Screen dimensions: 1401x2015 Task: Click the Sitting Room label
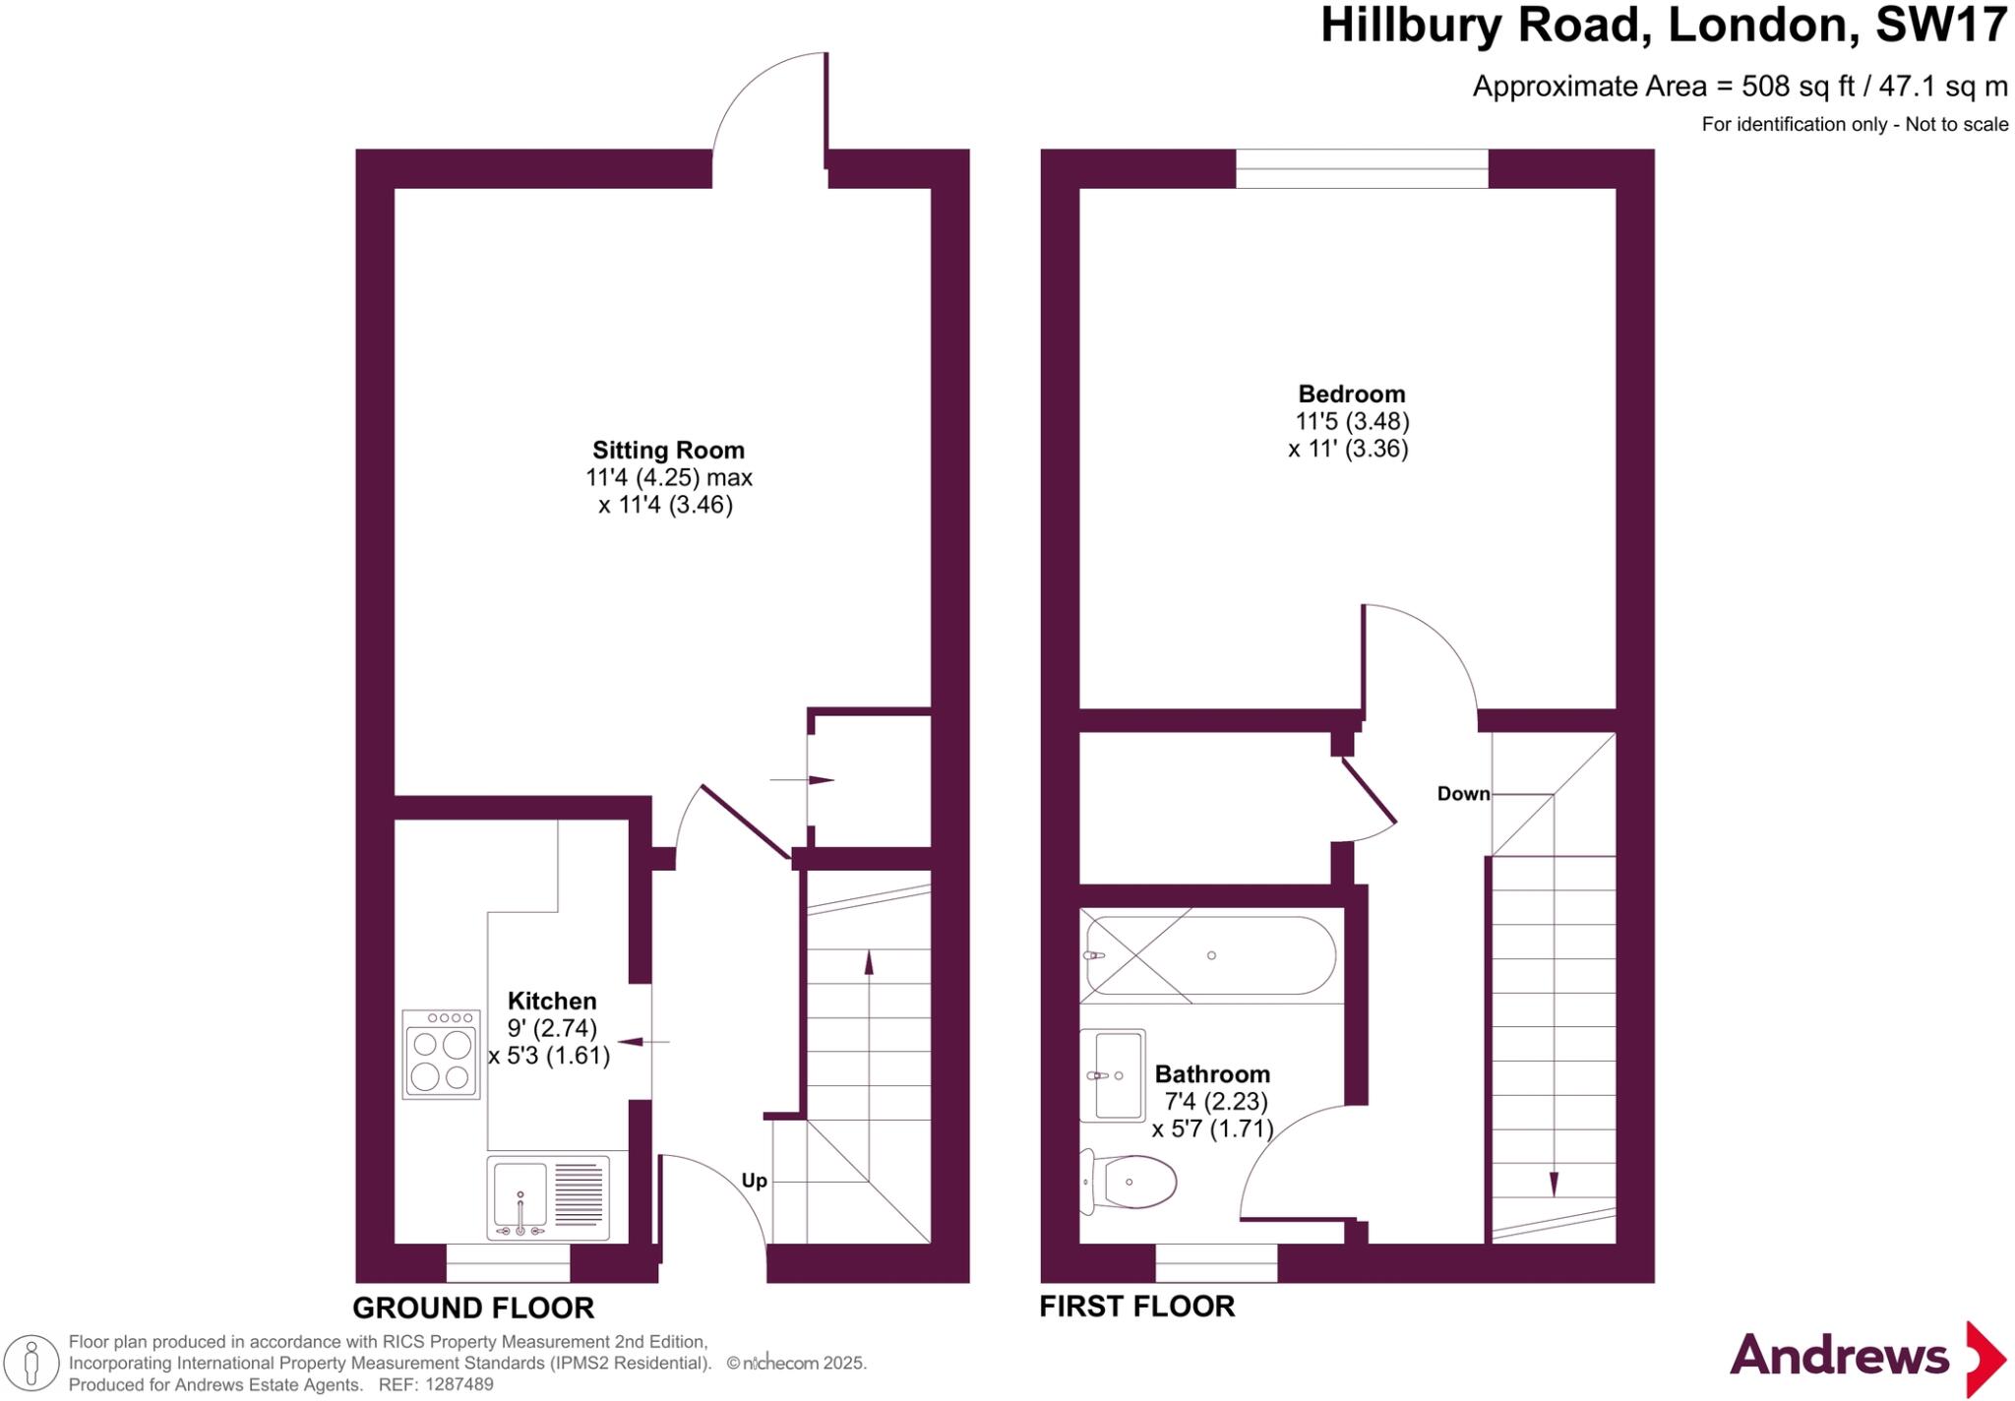(x=668, y=451)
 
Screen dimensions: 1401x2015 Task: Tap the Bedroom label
(x=1351, y=395)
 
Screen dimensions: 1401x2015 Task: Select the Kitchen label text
(x=552, y=1002)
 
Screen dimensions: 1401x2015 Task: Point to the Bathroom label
(x=1212, y=1074)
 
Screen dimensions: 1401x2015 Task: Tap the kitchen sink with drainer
(x=548, y=1197)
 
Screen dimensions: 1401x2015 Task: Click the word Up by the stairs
(x=754, y=1181)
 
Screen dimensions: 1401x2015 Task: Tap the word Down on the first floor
(x=1463, y=794)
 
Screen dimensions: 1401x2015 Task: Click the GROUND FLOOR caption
(x=473, y=1309)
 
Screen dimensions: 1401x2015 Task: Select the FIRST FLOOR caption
(x=1136, y=1307)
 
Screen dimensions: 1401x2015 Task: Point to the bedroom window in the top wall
(x=1362, y=168)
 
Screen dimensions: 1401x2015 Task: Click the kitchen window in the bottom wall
(x=508, y=1263)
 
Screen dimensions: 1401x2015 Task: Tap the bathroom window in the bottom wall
(x=1216, y=1263)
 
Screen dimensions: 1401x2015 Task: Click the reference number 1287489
(x=458, y=1385)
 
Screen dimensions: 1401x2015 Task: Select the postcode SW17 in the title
(x=1940, y=26)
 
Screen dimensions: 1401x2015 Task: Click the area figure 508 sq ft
(x=1798, y=87)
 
